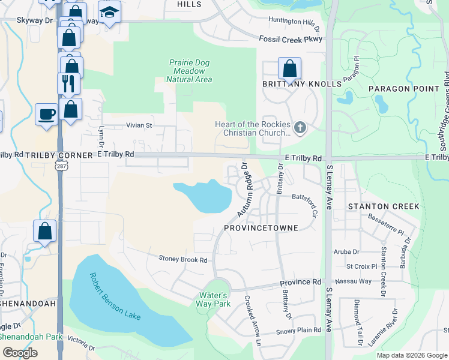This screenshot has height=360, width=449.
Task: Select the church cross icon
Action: click(301, 127)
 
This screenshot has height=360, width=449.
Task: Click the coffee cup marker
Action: click(47, 113)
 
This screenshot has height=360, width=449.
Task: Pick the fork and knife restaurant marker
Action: click(68, 83)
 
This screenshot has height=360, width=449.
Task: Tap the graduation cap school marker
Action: click(109, 13)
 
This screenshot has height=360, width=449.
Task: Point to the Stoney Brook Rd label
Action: click(182, 260)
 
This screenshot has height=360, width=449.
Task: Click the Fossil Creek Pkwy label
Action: click(291, 39)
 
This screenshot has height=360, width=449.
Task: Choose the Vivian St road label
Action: click(139, 126)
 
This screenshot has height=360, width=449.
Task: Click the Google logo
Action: click(20, 353)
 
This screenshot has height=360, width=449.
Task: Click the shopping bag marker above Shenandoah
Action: click(45, 231)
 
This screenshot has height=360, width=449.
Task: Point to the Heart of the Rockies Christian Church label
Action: click(253, 128)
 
